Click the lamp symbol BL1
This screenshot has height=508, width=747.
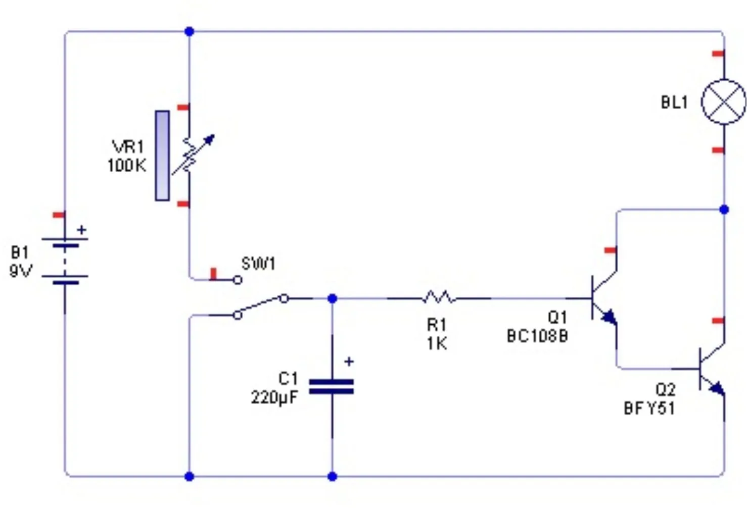(723, 101)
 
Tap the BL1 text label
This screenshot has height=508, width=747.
(674, 103)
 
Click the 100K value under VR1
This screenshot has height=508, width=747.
(126, 165)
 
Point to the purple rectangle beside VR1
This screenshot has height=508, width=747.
(162, 156)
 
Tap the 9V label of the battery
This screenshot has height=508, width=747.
(21, 271)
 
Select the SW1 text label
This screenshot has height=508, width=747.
(258, 264)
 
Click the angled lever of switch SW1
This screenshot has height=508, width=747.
(261, 306)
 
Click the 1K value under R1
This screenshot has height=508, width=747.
(437, 344)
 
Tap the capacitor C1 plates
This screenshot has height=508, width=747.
(332, 387)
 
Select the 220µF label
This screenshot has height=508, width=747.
(274, 397)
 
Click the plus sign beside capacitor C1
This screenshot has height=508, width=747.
(349, 362)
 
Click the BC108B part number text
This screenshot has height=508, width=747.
(537, 336)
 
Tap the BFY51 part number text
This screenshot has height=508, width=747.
(649, 408)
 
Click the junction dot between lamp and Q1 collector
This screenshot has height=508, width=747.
(724, 209)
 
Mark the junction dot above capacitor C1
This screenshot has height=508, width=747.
(332, 298)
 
